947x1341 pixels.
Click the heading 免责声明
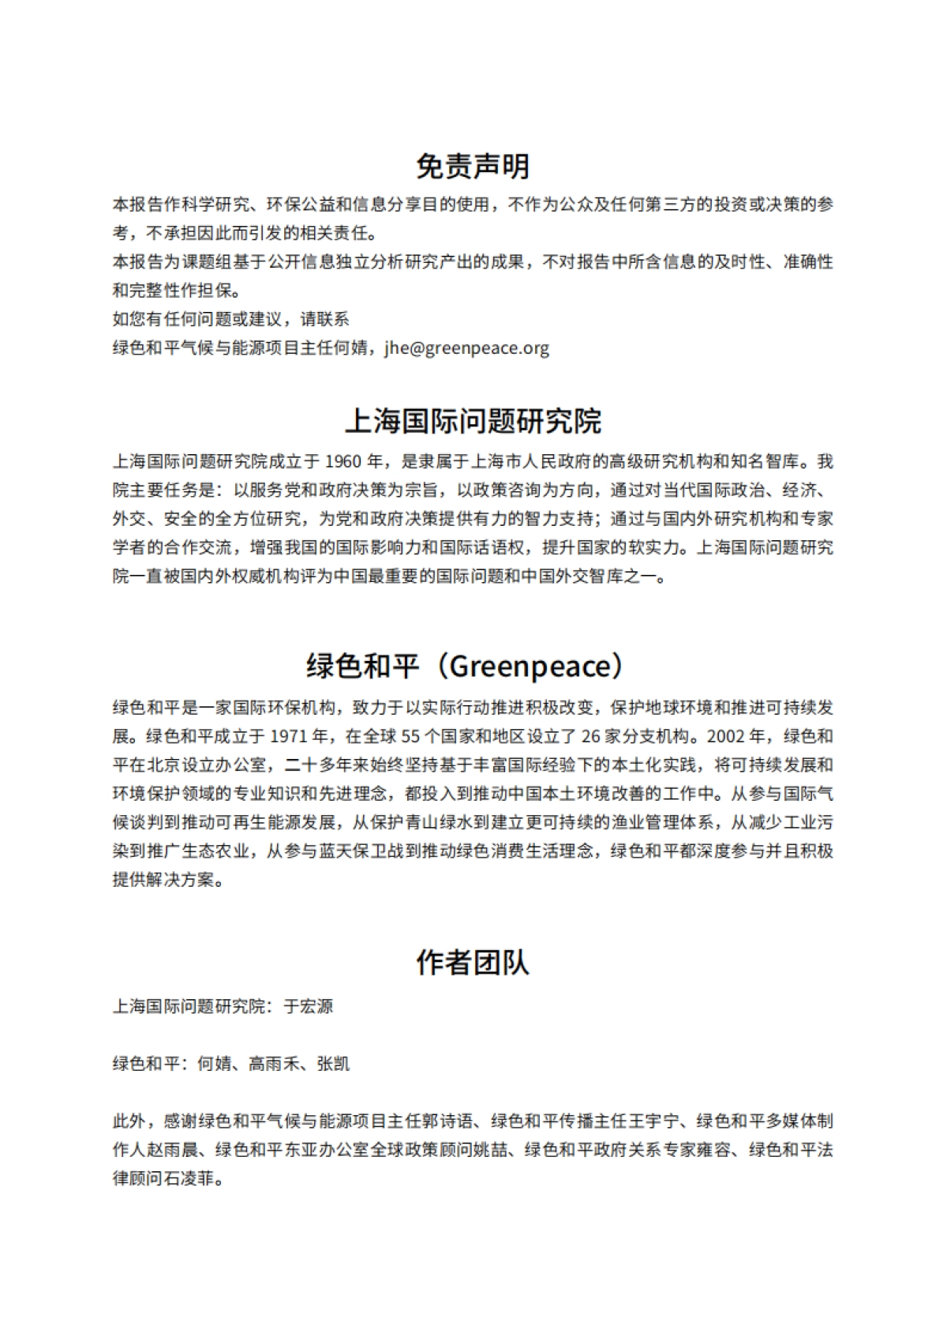click(473, 166)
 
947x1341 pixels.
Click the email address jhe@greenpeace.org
click(467, 348)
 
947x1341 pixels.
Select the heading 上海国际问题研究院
click(473, 421)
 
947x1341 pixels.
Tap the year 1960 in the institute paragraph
click(342, 462)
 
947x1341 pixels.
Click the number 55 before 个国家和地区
click(410, 737)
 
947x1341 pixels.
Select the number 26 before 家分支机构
click(591, 737)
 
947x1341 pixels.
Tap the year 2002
click(725, 737)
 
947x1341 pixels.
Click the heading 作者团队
click(473, 963)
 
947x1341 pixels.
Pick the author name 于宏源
click(309, 1007)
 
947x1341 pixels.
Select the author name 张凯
click(333, 1064)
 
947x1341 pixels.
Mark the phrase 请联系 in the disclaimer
click(324, 320)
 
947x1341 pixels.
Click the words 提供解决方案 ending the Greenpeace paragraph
click(163, 880)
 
